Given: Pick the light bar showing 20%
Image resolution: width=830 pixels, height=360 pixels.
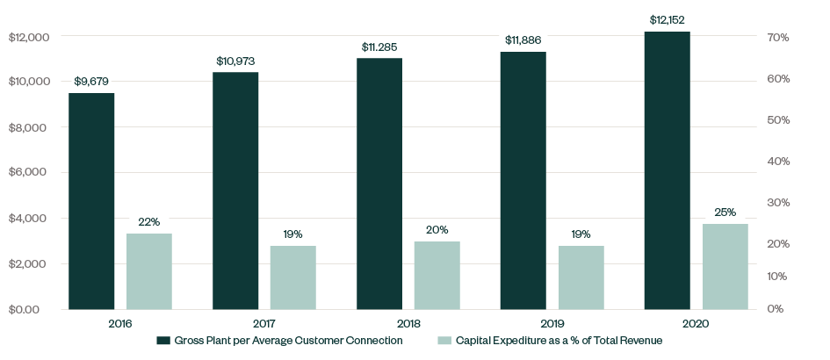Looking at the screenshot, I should [437, 275].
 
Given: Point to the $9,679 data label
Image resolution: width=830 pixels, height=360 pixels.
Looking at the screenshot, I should [91, 82].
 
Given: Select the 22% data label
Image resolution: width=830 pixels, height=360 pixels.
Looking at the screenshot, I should [149, 222].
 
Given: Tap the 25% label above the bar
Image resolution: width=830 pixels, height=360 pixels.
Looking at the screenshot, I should [725, 212].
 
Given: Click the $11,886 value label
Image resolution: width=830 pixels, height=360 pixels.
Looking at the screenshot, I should [523, 40].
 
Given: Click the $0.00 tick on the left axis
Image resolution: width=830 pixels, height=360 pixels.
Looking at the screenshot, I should [24, 309].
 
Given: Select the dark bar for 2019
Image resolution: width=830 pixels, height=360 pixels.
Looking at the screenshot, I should [523, 180].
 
